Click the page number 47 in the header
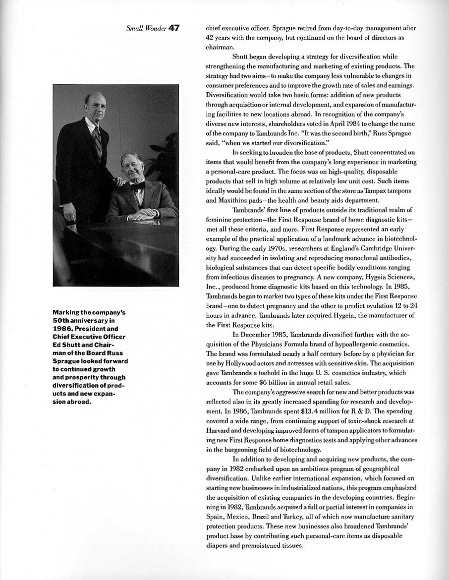point(173,28)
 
